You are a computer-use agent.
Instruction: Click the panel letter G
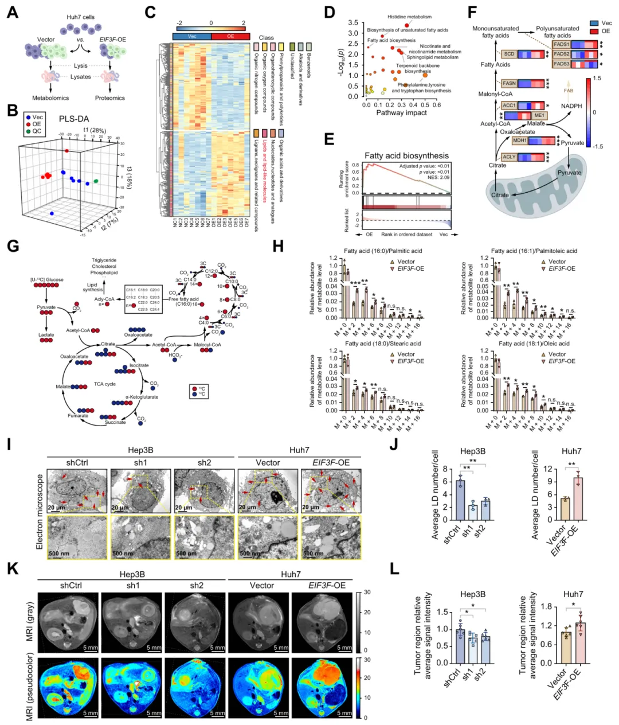click(x=12, y=246)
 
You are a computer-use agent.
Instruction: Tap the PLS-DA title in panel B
click(x=75, y=119)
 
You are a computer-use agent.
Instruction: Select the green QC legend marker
click(x=27, y=131)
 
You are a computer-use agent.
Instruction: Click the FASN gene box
click(x=508, y=83)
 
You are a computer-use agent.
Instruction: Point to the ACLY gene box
click(x=509, y=157)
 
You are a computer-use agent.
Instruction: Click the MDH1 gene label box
click(x=520, y=141)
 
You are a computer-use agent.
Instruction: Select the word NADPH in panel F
click(x=571, y=106)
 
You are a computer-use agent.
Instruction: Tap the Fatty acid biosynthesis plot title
click(x=406, y=155)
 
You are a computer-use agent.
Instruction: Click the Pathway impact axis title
click(x=401, y=113)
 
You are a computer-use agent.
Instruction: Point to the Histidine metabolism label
click(x=409, y=17)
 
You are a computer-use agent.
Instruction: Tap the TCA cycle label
click(x=105, y=384)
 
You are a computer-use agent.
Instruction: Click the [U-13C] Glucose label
click(x=47, y=280)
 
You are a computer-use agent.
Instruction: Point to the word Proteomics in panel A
click(x=109, y=98)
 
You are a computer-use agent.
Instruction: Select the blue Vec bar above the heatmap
click(x=191, y=36)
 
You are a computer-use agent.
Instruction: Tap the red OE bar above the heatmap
click(x=230, y=36)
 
